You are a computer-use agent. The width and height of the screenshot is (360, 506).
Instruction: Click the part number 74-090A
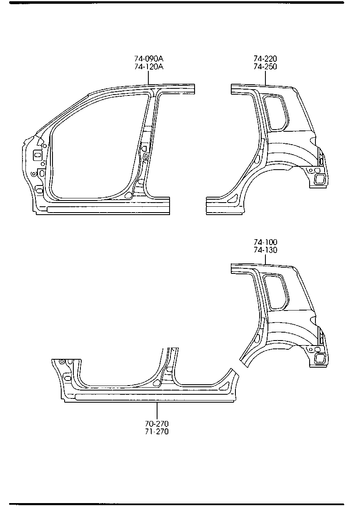[x=149, y=59]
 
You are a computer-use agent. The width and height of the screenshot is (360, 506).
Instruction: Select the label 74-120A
[x=149, y=67]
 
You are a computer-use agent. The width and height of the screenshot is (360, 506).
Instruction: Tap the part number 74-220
[x=265, y=59]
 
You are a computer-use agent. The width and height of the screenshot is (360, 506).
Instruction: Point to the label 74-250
[x=265, y=67]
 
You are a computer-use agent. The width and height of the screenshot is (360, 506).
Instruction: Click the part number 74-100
[x=265, y=242]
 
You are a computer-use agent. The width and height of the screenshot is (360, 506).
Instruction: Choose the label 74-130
[x=265, y=250]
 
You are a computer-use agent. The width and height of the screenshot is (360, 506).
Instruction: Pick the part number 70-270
[x=157, y=423]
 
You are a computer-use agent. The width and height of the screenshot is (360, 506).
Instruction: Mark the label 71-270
[x=157, y=431]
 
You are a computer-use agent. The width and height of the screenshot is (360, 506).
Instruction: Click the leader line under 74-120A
[x=149, y=78]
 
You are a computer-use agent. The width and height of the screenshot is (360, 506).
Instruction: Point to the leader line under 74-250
[x=265, y=78]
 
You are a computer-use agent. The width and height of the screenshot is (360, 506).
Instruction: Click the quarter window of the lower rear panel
[x=276, y=292]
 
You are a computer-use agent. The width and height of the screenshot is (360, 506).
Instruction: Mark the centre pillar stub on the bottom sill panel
[x=169, y=367]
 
